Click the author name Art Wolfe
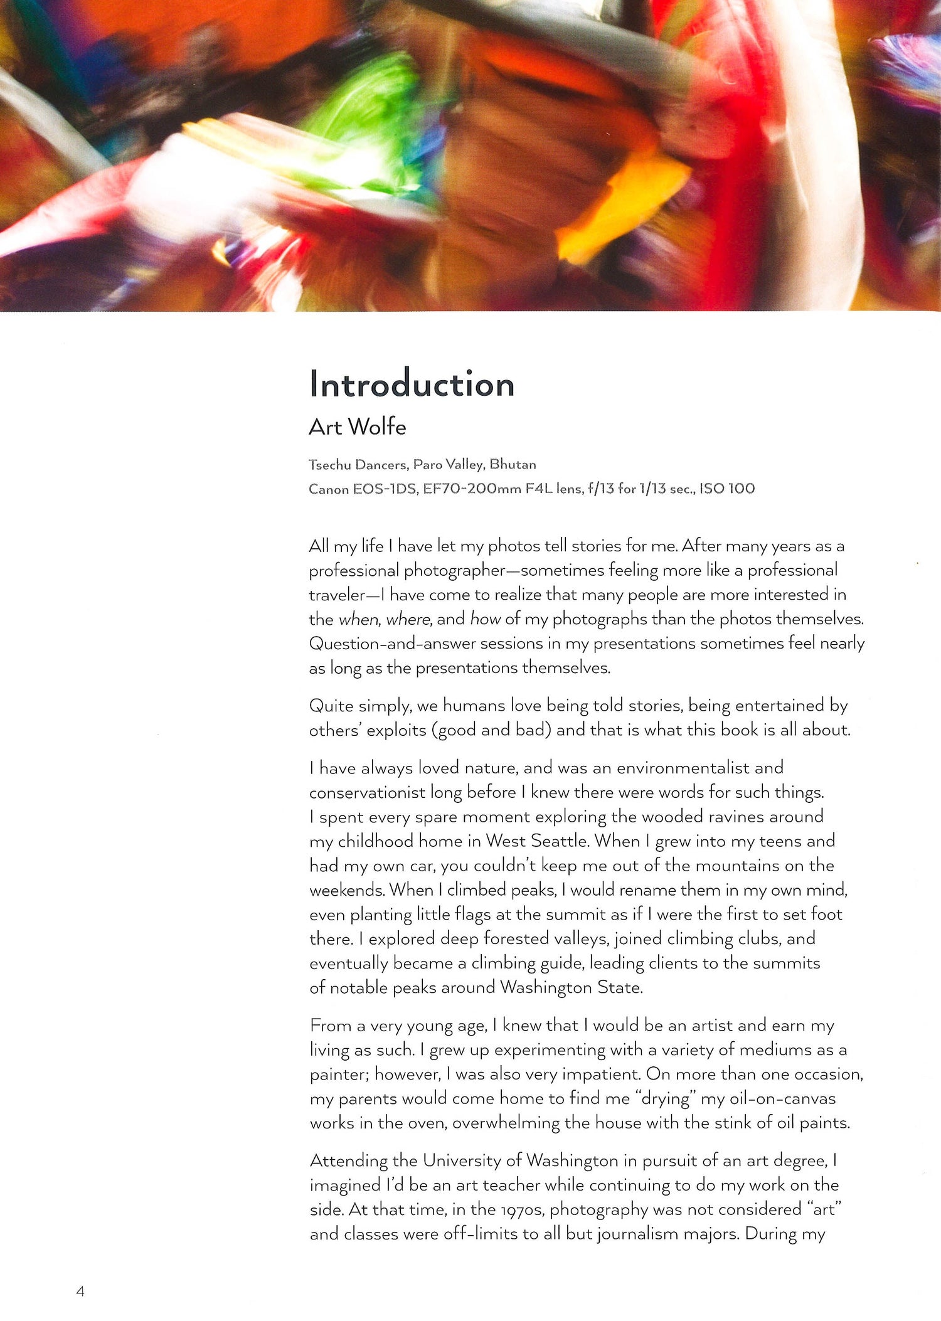pos(357,427)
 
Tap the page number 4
pos(80,1291)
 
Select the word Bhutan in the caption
pos(513,464)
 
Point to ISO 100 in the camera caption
pos(727,489)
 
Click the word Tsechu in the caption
pos(330,465)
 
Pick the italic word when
pos(359,620)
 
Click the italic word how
pos(485,619)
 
